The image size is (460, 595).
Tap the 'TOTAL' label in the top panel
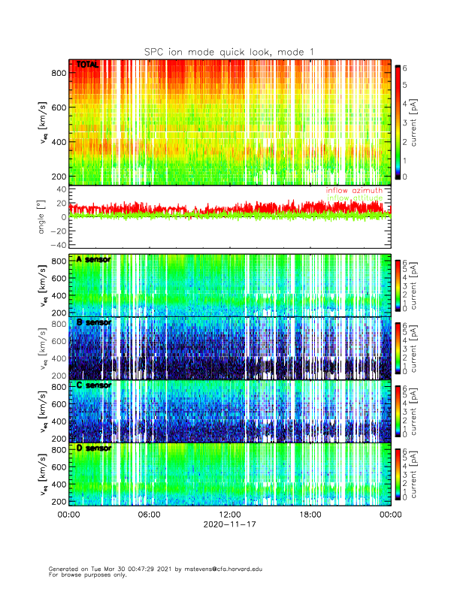click(x=88, y=65)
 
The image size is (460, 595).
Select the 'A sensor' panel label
click(x=93, y=259)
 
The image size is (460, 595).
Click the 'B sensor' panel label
click(x=93, y=322)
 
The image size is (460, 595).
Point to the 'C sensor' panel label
click(x=93, y=385)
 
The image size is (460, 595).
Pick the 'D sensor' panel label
click(x=93, y=449)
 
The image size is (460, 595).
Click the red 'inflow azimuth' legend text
click(x=354, y=191)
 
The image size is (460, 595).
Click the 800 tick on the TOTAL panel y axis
click(x=56, y=73)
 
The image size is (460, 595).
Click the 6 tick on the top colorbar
click(x=407, y=68)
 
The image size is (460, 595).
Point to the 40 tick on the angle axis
click(x=58, y=189)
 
